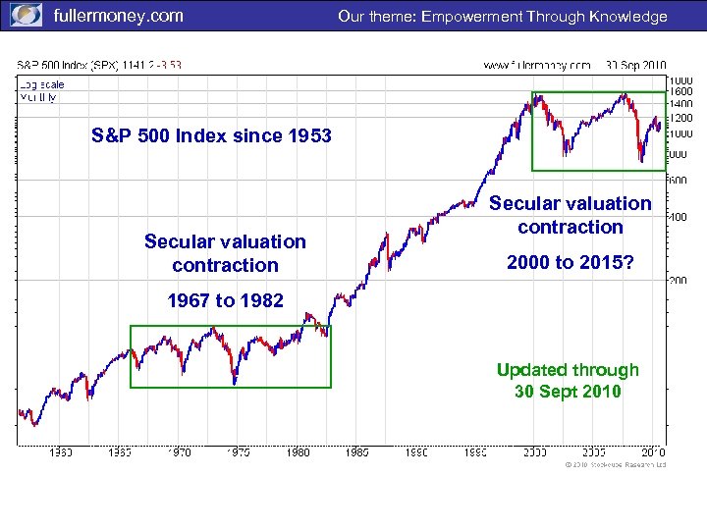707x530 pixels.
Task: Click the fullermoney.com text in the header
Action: tap(117, 16)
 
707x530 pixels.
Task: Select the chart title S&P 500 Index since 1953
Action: tap(211, 135)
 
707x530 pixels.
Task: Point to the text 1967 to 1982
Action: tap(225, 300)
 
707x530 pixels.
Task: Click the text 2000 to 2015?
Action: tap(571, 262)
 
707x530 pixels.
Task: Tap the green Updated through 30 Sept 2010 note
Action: tap(567, 381)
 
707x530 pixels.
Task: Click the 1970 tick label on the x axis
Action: tap(179, 452)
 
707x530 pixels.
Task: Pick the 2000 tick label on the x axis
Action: tap(534, 452)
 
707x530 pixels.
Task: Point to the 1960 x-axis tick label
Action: tap(61, 452)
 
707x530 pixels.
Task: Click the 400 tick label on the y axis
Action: tap(678, 217)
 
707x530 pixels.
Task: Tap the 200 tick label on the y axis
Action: tap(678, 281)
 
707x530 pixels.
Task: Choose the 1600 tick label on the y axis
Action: tap(680, 91)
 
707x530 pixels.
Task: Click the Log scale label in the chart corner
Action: tap(38, 85)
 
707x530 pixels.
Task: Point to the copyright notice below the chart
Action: tap(615, 464)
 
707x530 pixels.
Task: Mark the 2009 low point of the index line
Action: tap(641, 159)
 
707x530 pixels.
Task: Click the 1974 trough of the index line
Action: tap(235, 383)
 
